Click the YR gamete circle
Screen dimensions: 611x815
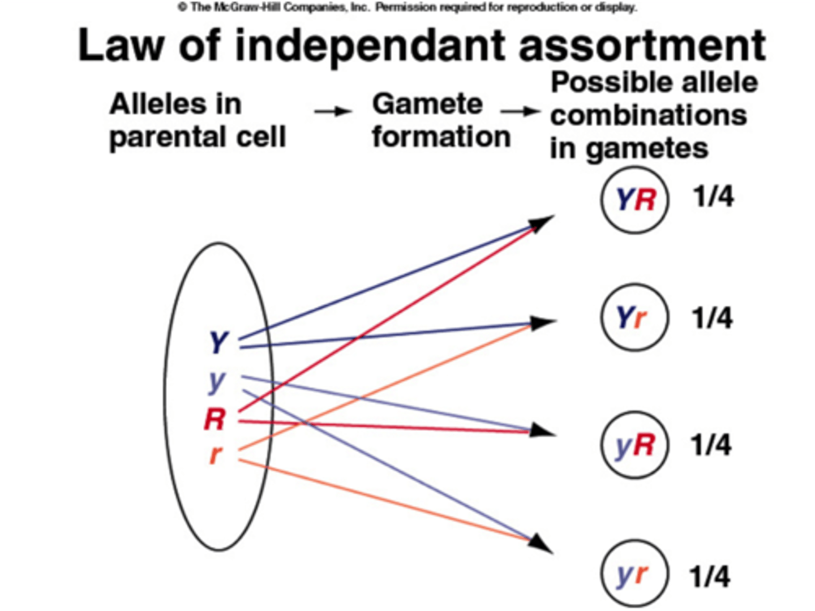tap(634, 200)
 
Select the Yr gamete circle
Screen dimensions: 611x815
tap(634, 318)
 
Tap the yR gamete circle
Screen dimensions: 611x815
tap(634, 445)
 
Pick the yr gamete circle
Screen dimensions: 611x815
tap(634, 575)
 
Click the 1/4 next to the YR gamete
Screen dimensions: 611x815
tap(713, 197)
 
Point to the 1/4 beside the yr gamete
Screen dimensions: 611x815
tap(710, 577)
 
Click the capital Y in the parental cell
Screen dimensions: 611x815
tap(218, 342)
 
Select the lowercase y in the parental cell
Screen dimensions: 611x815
tap(216, 382)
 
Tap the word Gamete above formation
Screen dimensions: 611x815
tap(427, 104)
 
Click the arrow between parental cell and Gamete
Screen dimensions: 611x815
tap(333, 111)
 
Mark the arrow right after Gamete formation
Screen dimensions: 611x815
tap(521, 111)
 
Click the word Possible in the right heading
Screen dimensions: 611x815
tap(611, 83)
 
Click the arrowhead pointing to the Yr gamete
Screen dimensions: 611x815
tap(543, 322)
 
